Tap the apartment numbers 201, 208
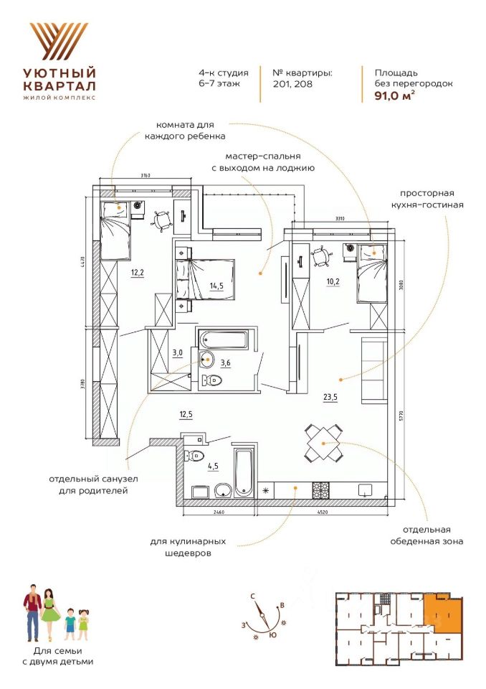(292, 84)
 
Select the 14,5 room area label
(216, 286)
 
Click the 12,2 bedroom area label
(138, 273)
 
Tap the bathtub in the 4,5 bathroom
(244, 472)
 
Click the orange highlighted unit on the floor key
(440, 614)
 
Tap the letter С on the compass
(253, 596)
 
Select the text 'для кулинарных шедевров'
(189, 547)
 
